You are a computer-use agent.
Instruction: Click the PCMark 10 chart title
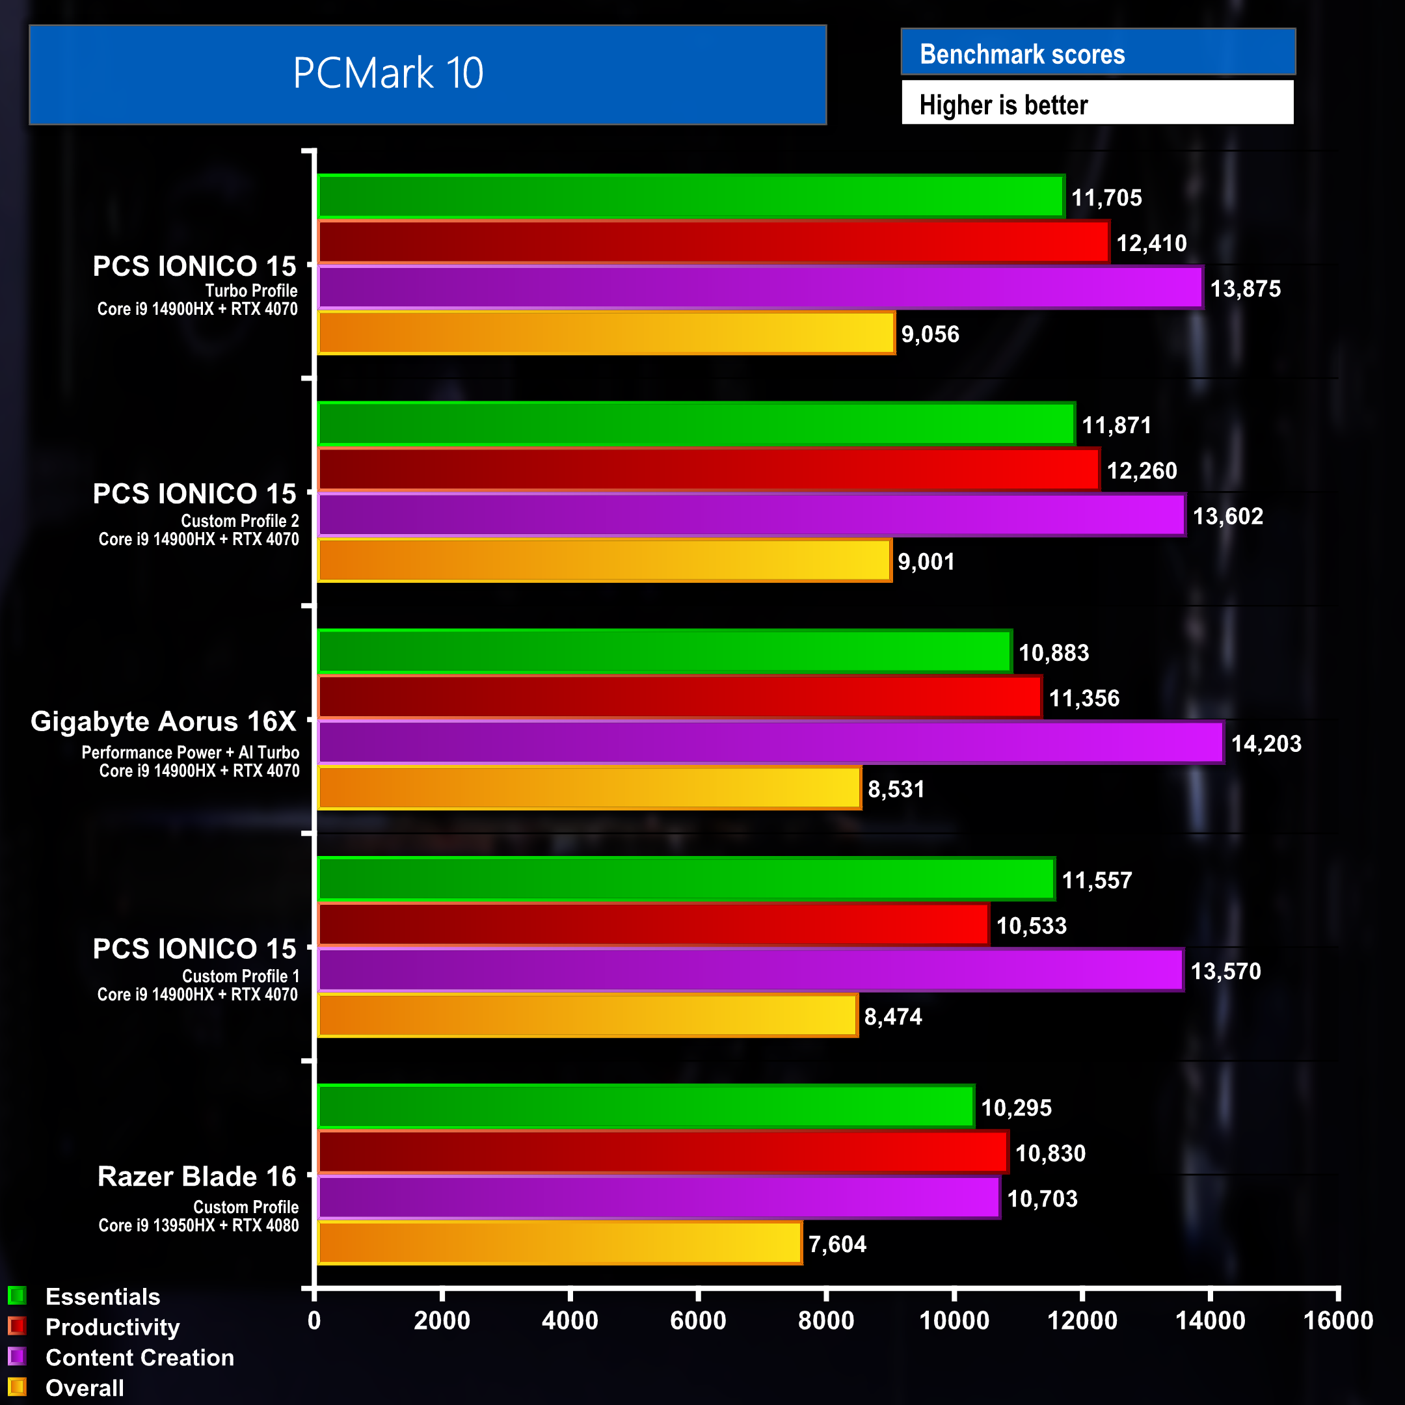[388, 74]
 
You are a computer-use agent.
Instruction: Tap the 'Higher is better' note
[1003, 105]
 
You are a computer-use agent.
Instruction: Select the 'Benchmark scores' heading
[1022, 55]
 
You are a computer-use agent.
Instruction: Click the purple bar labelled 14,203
[770, 742]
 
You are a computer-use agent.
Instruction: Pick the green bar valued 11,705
[690, 196]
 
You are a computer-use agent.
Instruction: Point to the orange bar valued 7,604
[559, 1244]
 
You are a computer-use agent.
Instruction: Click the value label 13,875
[1245, 289]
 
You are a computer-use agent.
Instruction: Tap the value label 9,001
[926, 561]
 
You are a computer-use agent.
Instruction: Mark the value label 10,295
[1016, 1108]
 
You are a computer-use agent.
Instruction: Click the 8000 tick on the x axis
[825, 1320]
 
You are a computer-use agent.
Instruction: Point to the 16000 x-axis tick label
[1337, 1320]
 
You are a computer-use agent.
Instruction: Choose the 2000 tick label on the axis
[442, 1320]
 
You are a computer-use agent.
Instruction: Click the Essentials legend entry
[103, 1296]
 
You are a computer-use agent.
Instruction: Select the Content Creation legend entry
[140, 1358]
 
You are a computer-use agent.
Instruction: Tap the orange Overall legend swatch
[17, 1387]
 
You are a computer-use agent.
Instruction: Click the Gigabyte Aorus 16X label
[164, 721]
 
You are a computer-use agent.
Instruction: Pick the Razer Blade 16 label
[197, 1177]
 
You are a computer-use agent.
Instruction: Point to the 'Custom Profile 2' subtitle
[240, 520]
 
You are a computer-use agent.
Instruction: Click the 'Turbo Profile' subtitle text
[251, 291]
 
